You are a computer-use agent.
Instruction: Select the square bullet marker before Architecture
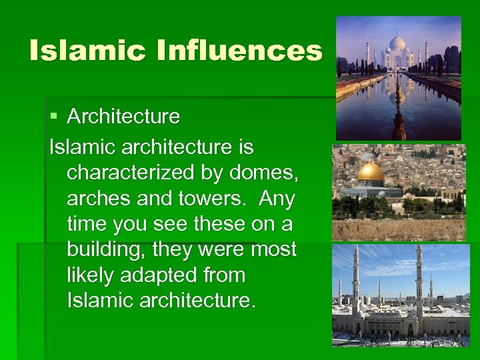click(54, 117)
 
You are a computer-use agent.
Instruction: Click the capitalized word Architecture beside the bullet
click(123, 117)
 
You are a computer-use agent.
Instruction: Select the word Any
click(277, 199)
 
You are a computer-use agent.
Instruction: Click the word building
click(107, 250)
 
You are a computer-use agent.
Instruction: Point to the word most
click(273, 250)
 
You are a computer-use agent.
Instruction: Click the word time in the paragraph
click(87, 225)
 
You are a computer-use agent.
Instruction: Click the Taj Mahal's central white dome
click(397, 43)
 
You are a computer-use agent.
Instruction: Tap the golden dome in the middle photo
click(371, 173)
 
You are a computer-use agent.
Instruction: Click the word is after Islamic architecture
click(245, 147)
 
